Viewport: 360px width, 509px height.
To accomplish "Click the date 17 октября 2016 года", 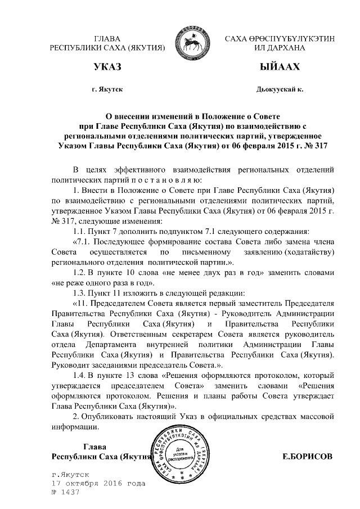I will click(98, 483).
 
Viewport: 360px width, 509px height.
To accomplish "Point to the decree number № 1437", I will click(65, 492).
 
